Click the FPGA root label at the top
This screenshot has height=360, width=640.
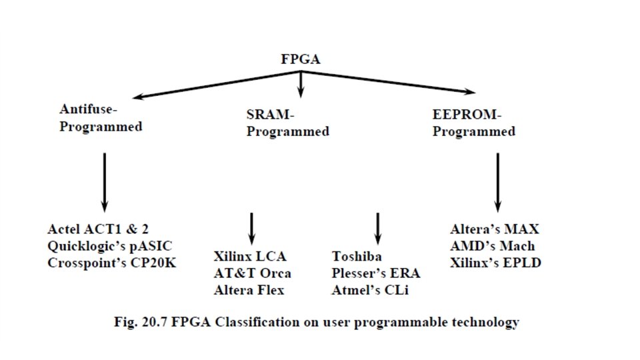click(x=300, y=59)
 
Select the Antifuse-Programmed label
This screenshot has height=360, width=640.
click(x=101, y=117)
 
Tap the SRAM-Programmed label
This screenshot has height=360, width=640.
click(x=287, y=123)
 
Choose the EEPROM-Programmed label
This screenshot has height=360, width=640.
click(x=473, y=123)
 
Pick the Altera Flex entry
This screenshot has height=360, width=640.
click(x=249, y=290)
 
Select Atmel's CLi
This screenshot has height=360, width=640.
click(x=369, y=290)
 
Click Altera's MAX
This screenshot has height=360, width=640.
click(x=494, y=230)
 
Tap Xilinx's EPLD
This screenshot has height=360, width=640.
click(x=495, y=262)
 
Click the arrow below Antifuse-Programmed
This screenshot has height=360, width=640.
click(x=104, y=181)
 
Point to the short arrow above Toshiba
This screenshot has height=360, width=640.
click(x=377, y=229)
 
